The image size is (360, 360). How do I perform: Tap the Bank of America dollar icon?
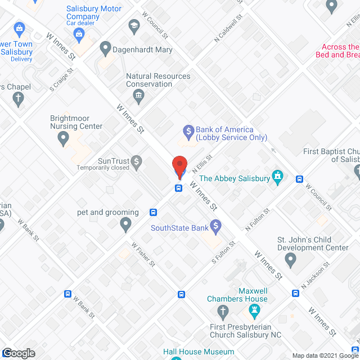click(x=189, y=133)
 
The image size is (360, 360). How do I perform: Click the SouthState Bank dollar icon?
click(x=215, y=227)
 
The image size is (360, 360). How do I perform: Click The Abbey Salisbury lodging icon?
click(x=277, y=178)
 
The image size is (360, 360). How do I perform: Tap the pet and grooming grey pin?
click(x=125, y=225)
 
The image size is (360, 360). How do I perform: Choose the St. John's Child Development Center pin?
click(x=290, y=260)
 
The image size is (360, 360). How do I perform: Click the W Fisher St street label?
click(x=143, y=254)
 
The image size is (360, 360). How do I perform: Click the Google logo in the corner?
click(x=18, y=353)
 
